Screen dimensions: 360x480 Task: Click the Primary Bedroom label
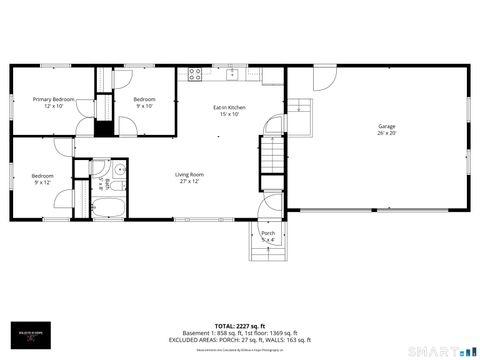(53, 99)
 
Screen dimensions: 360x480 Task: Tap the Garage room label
(386, 126)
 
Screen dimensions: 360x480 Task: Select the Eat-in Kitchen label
(229, 107)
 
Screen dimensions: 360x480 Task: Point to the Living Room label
(190, 174)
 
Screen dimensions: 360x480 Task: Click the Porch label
(267, 233)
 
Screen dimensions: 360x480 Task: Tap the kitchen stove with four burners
(195, 73)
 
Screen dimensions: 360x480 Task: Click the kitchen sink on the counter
(231, 73)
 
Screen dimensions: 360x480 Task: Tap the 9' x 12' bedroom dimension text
(41, 181)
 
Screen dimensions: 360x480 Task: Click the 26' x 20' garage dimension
(386, 133)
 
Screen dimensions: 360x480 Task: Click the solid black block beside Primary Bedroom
(102, 128)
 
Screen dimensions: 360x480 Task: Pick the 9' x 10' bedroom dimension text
(145, 106)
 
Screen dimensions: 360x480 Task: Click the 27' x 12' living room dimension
(190, 181)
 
